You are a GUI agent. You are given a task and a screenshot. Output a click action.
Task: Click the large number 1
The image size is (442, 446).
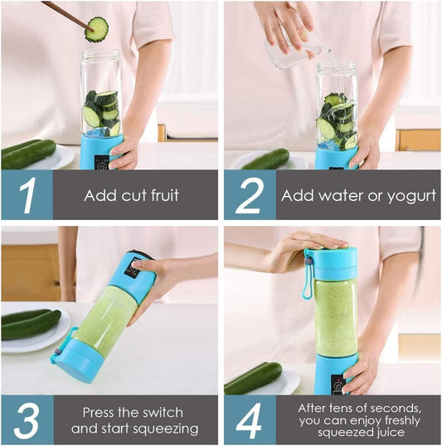coord(27,196)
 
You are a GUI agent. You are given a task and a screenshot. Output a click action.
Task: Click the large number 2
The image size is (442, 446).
coord(248,196)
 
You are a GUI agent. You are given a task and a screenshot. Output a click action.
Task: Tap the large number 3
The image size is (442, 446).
coord(27,420)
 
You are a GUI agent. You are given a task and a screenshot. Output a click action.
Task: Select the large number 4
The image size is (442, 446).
coord(249,420)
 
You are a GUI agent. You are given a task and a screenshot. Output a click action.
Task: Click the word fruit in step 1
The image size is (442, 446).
coord(161,197)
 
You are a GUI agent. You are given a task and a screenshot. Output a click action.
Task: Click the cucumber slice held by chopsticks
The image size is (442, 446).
coord(97,30)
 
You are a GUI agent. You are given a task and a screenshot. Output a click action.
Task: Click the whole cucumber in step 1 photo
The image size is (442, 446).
coord(28,154)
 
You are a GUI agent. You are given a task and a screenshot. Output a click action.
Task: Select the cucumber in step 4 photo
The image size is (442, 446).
coord(253,378)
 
